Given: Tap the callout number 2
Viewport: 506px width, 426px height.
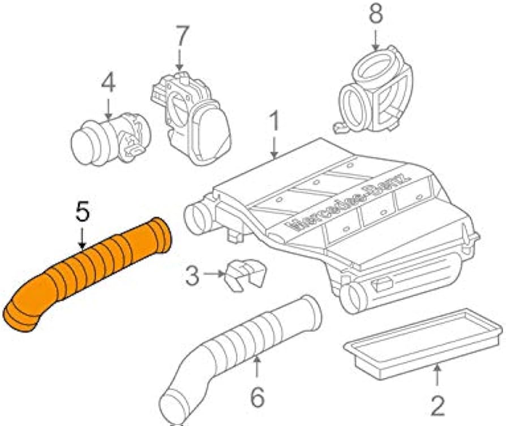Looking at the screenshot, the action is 438,406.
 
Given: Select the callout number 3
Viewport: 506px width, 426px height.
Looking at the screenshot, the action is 192,275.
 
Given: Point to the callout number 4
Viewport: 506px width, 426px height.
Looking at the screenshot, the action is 109,83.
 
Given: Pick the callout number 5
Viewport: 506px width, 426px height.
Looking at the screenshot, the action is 82,211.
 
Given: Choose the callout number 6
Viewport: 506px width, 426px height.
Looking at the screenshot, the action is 258,397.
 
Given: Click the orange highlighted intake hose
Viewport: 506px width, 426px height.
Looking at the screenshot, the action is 87,275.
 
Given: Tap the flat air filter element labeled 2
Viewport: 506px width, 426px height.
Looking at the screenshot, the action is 423,343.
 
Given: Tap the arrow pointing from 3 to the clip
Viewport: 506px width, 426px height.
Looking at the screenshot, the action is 215,274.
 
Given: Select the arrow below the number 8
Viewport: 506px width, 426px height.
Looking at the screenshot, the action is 375,40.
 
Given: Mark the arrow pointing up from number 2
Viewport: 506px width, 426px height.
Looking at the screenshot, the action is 437,374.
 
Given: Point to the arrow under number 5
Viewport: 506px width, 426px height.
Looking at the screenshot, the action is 82,238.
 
